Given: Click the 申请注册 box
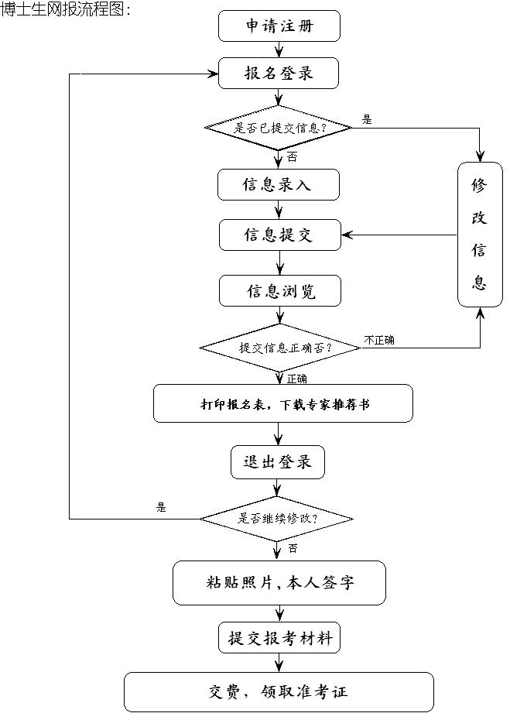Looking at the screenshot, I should [279, 26].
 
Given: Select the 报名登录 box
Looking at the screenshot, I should [279, 74].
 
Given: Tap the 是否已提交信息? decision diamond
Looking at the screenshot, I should [279, 127].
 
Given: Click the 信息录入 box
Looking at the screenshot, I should [279, 186].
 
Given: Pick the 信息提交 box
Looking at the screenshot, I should [279, 235].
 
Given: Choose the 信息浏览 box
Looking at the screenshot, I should [279, 291].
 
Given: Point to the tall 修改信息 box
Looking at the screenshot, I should [479, 234].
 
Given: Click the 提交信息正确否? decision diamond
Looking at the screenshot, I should [279, 347].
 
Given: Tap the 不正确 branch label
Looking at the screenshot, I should [379, 339].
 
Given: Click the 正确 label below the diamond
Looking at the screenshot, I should [296, 379].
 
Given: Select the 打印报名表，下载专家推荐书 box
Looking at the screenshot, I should [282, 403].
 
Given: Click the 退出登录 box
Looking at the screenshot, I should [277, 462].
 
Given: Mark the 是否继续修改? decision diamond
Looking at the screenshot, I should [277, 518].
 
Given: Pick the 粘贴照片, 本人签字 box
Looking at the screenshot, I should [279, 583].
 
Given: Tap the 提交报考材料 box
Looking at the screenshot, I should [279, 639].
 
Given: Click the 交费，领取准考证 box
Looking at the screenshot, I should [279, 691].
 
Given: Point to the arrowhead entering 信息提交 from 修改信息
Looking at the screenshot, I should [347, 235].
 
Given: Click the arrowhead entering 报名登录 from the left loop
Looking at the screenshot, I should [213, 74].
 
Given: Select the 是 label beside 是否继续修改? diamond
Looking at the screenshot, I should [161, 508].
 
